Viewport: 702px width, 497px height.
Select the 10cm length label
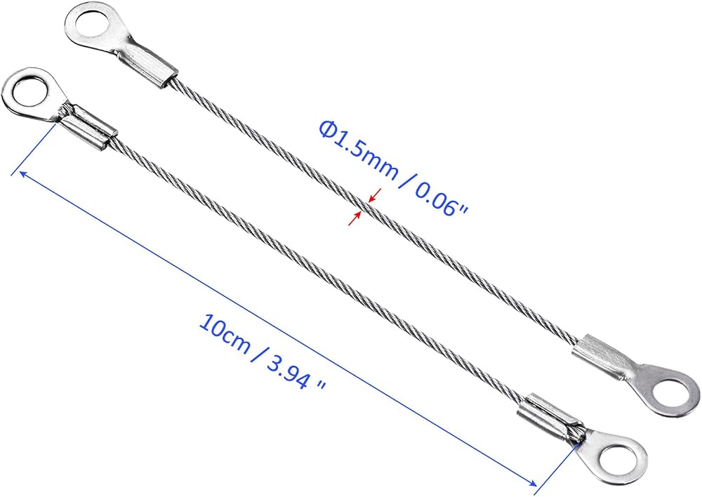click(225, 333)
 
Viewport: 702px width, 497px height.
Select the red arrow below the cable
click(355, 218)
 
